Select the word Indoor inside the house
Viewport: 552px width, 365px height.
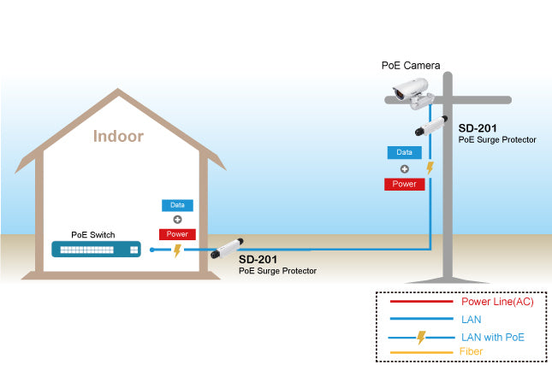(118, 136)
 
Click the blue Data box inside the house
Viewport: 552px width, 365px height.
(177, 205)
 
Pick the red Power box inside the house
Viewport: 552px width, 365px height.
(177, 234)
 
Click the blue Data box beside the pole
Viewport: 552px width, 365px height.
(404, 152)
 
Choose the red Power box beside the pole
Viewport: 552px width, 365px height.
(404, 183)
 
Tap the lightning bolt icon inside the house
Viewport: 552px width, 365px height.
(177, 250)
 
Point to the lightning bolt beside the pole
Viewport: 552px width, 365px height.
(430, 168)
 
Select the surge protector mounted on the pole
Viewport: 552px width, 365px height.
(432, 126)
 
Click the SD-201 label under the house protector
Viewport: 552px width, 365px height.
(258, 259)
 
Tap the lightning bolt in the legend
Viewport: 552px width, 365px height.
(421, 338)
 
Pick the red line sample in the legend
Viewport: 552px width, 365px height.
(420, 302)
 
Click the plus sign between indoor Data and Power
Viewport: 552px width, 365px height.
(177, 220)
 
